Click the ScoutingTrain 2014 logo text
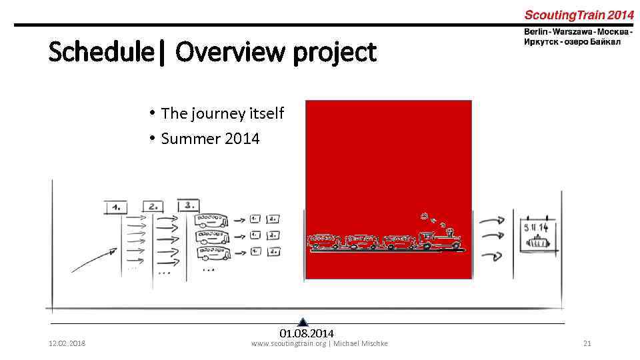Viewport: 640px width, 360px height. pos(578,15)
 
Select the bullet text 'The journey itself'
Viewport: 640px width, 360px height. pos(222,113)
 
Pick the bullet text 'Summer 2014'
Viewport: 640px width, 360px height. pos(210,139)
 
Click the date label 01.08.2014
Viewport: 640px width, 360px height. pos(307,333)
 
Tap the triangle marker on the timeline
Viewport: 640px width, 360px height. pos(303,322)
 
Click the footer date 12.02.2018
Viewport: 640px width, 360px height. pos(67,343)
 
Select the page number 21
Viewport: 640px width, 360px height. pos(587,343)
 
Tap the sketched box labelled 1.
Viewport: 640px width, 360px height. pos(116,206)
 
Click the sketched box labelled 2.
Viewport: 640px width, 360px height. pos(152,206)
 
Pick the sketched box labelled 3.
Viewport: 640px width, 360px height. pos(189,205)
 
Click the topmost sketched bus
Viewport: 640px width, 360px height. pos(211,221)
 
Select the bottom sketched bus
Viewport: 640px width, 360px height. pos(211,253)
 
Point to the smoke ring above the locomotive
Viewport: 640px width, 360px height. pos(424,216)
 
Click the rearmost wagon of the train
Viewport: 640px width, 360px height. pos(324,241)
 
